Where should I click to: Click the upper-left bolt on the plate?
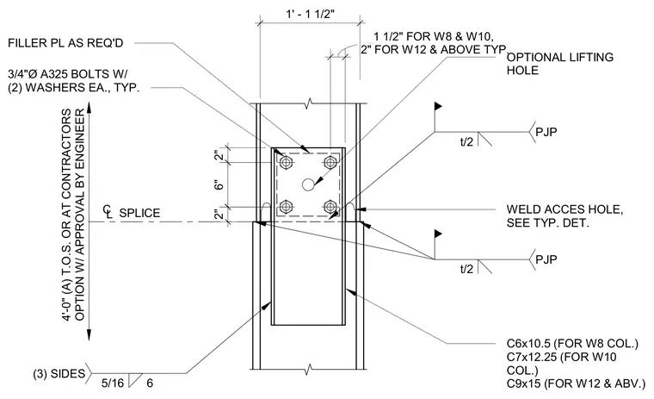(x=286, y=162)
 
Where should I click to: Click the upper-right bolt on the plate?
(x=330, y=162)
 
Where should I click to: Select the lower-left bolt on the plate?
(x=286, y=206)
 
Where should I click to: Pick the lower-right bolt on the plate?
(x=330, y=206)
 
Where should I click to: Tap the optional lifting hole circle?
(x=308, y=184)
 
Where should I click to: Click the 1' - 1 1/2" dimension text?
(x=310, y=14)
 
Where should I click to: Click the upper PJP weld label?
(x=546, y=132)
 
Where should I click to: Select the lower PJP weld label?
(x=546, y=259)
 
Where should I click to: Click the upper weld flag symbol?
(x=438, y=107)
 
